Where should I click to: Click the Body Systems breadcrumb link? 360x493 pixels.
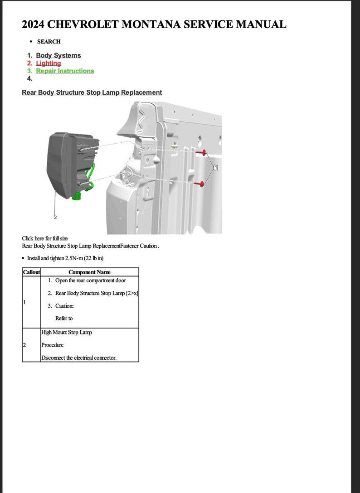tap(58, 55)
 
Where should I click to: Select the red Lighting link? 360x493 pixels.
tap(49, 63)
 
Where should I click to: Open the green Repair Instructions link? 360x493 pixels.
tap(65, 71)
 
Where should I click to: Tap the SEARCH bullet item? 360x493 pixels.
tap(49, 42)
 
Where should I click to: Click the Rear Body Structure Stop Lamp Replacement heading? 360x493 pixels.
tap(92, 92)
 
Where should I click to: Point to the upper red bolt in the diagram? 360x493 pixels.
tap(203, 153)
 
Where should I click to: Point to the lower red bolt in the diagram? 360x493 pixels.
tap(200, 184)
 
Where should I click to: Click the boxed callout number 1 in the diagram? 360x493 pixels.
tap(216, 168)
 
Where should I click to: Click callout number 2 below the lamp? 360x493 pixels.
tap(55, 217)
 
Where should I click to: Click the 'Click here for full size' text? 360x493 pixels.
tap(45, 238)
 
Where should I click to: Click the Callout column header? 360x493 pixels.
tap(31, 272)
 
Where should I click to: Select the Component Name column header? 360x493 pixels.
tap(89, 272)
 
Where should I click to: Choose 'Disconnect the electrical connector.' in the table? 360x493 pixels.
tap(79, 358)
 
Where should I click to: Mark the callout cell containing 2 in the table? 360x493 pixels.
tap(31, 345)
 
